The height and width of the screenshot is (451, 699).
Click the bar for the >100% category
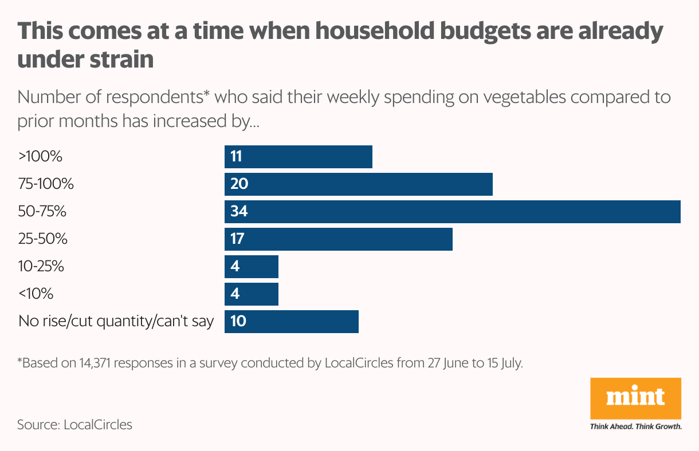tap(298, 157)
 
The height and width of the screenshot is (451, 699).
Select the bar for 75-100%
tap(358, 184)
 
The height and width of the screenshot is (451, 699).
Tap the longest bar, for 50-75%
tap(452, 212)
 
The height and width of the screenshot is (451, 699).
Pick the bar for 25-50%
tap(338, 239)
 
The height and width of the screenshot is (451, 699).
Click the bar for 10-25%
tap(251, 267)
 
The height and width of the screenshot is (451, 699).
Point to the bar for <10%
tap(251, 294)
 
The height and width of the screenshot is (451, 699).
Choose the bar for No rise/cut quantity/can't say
tap(291, 322)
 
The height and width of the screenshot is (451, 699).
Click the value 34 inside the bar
tap(238, 212)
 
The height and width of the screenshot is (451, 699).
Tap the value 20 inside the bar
tap(238, 184)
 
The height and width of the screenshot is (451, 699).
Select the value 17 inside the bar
tap(237, 239)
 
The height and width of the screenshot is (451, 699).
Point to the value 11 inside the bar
tap(236, 157)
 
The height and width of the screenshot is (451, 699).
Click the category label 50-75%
tap(42, 212)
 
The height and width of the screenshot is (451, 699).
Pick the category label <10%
tap(36, 294)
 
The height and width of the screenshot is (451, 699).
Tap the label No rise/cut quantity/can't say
tap(116, 322)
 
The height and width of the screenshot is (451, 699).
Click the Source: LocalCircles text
tap(74, 425)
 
